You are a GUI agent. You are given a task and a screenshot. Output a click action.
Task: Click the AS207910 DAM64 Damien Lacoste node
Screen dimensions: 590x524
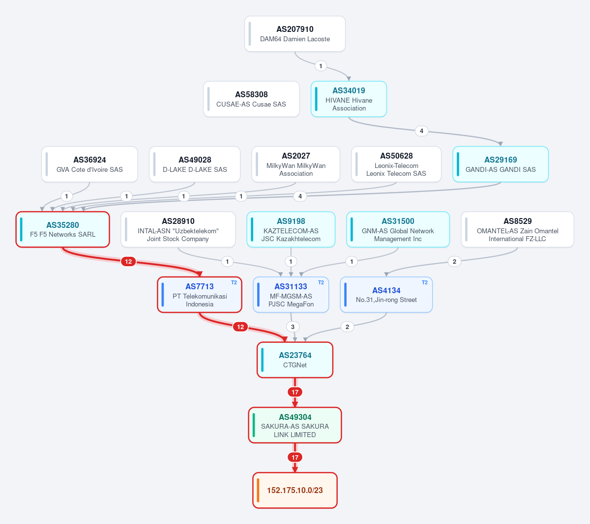point(295,34)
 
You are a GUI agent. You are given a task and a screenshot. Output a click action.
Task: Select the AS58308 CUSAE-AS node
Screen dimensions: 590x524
point(251,99)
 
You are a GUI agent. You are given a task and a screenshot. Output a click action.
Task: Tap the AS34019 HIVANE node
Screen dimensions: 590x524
point(349,99)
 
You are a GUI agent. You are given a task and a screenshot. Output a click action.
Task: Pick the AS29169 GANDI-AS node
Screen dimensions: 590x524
point(501,165)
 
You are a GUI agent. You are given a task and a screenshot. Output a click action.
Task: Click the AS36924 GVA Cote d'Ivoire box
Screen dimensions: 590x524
point(89,165)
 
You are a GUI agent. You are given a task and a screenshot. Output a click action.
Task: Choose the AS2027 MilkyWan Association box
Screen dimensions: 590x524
point(295,165)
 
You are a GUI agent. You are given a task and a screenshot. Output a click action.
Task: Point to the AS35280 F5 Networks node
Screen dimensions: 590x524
point(62,229)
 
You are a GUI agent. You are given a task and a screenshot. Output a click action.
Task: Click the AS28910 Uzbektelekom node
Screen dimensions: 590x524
point(178,229)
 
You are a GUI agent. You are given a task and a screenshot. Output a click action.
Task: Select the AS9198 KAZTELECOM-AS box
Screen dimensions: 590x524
point(291,229)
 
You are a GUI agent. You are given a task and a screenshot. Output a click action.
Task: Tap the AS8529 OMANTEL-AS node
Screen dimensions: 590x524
point(517,229)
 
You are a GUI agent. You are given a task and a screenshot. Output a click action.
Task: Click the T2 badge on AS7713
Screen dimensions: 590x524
point(234,282)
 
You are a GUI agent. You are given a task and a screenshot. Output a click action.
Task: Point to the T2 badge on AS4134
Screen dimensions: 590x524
point(425,282)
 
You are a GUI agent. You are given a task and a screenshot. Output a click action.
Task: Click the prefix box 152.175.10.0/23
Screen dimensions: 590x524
point(295,490)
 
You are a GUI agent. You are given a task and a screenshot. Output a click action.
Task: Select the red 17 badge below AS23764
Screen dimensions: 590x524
point(295,392)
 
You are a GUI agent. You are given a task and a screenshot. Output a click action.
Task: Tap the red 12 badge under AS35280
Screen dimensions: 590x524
point(128,262)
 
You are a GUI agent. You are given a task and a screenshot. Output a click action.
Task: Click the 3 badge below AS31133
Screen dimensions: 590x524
point(293,327)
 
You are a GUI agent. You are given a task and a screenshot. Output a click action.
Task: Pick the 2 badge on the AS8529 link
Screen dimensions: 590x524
point(454,262)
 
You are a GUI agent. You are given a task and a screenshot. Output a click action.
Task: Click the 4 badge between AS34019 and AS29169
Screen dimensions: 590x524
point(421,131)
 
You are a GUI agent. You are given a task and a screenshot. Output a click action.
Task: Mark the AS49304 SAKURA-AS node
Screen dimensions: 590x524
point(295,425)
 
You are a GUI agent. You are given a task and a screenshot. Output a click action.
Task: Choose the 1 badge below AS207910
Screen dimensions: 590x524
point(321,66)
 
